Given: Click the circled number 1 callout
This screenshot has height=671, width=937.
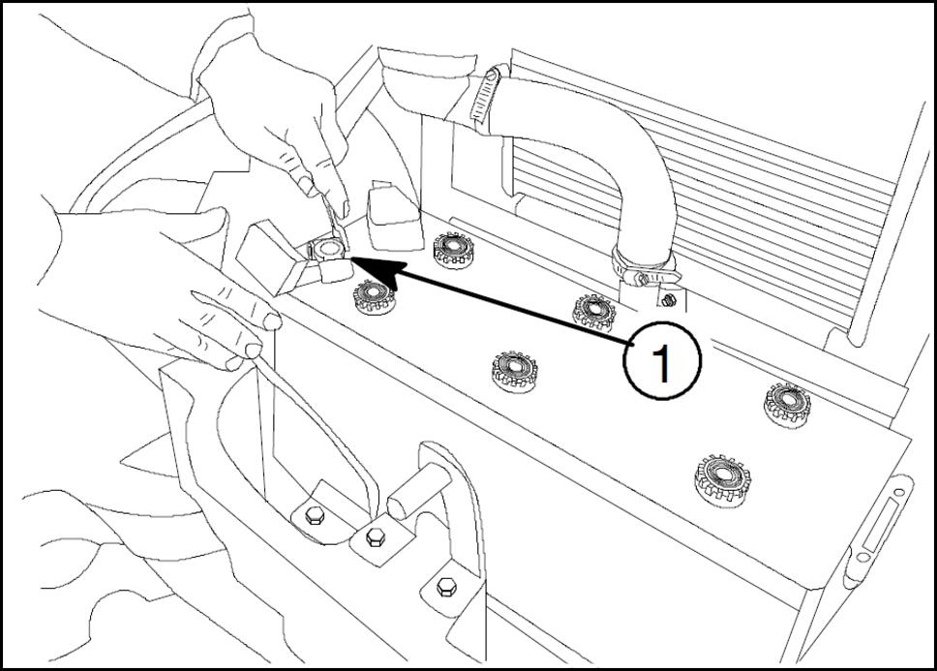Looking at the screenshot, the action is (x=662, y=361).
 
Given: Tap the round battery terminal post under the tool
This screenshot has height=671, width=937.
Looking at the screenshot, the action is (x=325, y=247).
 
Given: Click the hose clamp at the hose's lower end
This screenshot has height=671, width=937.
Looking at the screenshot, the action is (x=647, y=268).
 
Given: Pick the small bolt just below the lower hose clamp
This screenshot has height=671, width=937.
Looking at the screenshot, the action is (x=669, y=300).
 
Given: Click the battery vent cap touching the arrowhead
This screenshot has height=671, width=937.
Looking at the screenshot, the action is (x=374, y=295).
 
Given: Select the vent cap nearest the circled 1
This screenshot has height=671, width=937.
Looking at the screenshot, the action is (x=594, y=312).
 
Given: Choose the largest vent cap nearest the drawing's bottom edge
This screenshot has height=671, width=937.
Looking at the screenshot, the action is (x=722, y=480).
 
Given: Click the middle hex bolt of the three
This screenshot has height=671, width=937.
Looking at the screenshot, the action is (x=376, y=536).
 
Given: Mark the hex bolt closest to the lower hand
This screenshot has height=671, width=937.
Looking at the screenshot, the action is (x=315, y=515).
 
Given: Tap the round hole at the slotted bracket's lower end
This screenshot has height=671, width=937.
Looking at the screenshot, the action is (x=862, y=558).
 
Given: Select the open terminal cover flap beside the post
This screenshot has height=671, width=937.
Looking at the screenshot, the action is (x=269, y=257).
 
